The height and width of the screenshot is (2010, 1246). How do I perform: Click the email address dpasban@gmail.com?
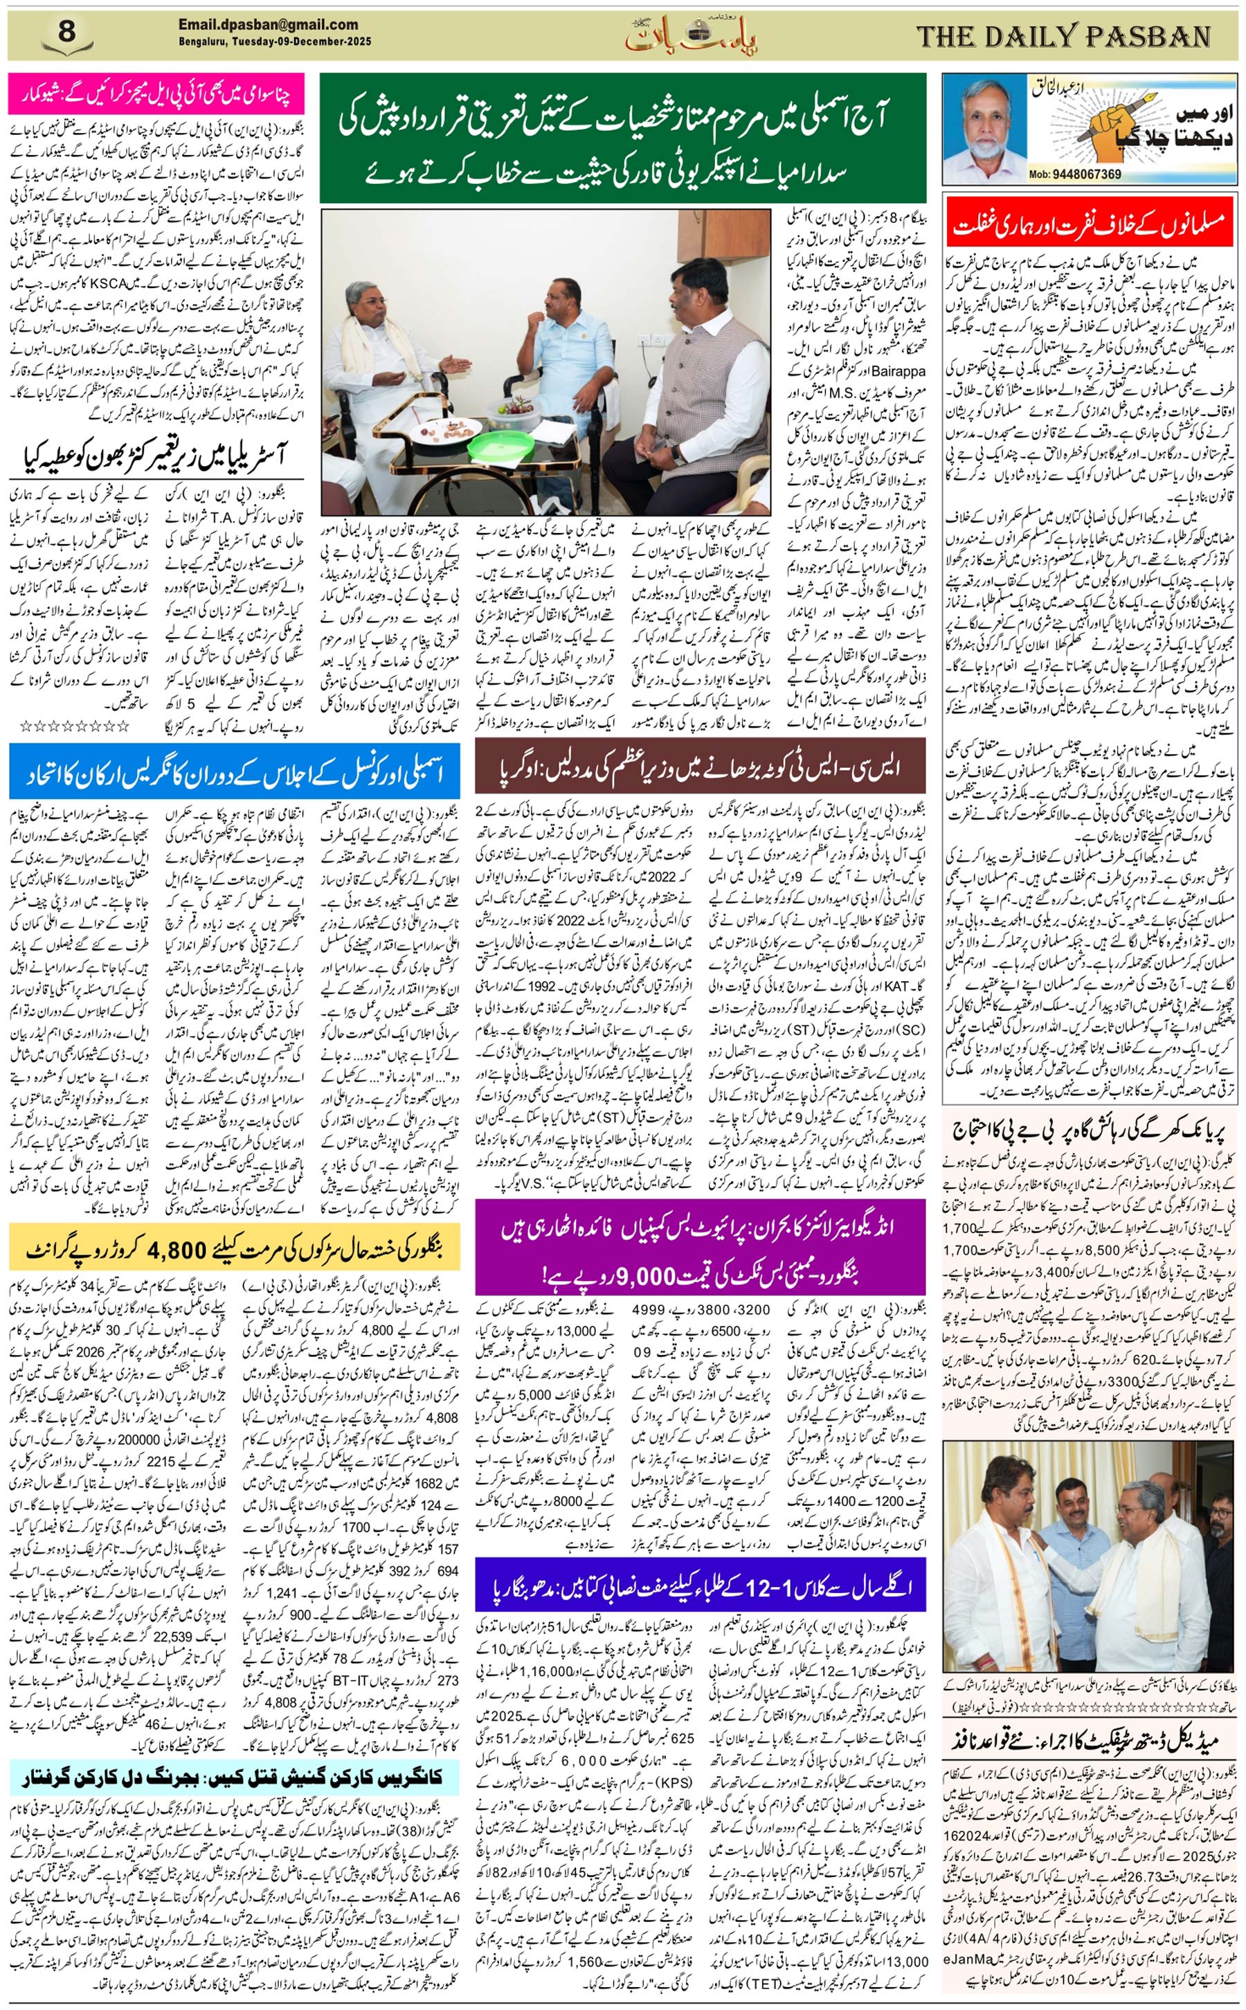268,26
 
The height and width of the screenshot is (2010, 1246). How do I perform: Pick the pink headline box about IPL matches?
156,94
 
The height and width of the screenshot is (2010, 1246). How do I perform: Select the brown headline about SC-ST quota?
700,766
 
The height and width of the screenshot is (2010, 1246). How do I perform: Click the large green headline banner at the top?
622,138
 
